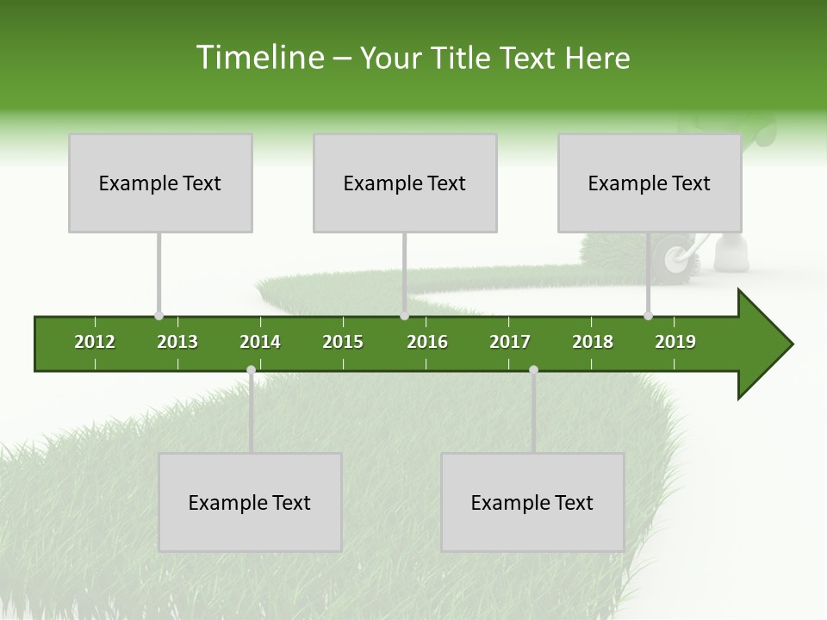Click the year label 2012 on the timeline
point(95,342)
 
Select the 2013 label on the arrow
point(177,342)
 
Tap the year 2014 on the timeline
point(260,342)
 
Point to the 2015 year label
point(343,342)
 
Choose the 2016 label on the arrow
point(427,342)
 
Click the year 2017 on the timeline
point(510,342)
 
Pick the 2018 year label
point(593,342)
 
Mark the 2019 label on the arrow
point(675,342)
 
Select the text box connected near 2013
point(160,183)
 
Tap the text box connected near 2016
point(405,183)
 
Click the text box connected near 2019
point(650,183)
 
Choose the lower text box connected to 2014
point(250,502)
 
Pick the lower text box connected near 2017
point(532,502)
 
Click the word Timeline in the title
point(259,58)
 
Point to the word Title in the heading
point(462,58)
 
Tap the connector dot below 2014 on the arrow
point(251,370)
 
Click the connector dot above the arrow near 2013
point(159,316)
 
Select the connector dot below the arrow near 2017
point(533,370)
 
